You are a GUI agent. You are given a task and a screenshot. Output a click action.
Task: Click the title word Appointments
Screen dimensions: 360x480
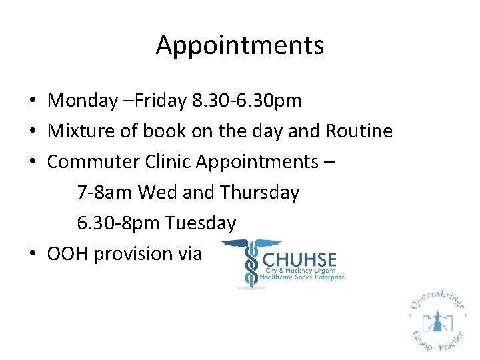[x=240, y=45]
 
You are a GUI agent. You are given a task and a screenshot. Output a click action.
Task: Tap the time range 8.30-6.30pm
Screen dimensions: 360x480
[x=246, y=101]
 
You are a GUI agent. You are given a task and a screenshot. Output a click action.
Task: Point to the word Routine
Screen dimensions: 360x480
[x=359, y=131]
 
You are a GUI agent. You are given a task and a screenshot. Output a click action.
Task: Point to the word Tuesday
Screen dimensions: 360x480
[x=201, y=223]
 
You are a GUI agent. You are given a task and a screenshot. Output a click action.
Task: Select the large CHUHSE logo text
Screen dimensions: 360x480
[x=300, y=259]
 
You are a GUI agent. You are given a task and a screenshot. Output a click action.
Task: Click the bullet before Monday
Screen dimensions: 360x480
[x=32, y=101]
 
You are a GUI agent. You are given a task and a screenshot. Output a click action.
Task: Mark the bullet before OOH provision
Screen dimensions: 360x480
[x=32, y=255]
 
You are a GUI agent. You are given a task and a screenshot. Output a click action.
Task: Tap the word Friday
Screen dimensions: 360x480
[x=161, y=101]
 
